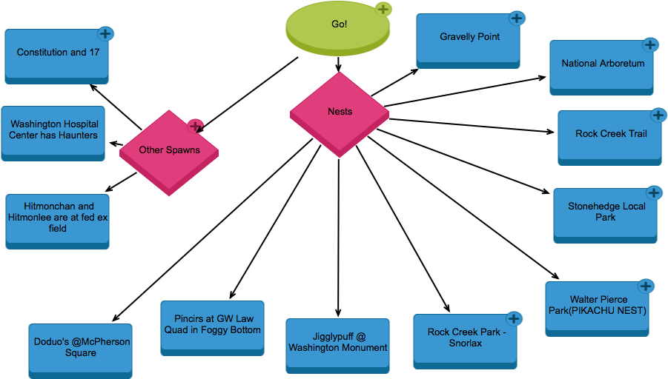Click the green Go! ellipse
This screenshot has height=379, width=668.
(x=338, y=27)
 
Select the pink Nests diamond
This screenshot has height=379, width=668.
(x=340, y=113)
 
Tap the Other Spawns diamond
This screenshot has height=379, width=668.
(x=169, y=151)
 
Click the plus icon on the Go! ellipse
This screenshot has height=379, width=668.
(x=383, y=9)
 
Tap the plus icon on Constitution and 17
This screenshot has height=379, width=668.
(x=106, y=33)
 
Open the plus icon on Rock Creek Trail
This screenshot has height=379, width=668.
(x=658, y=115)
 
